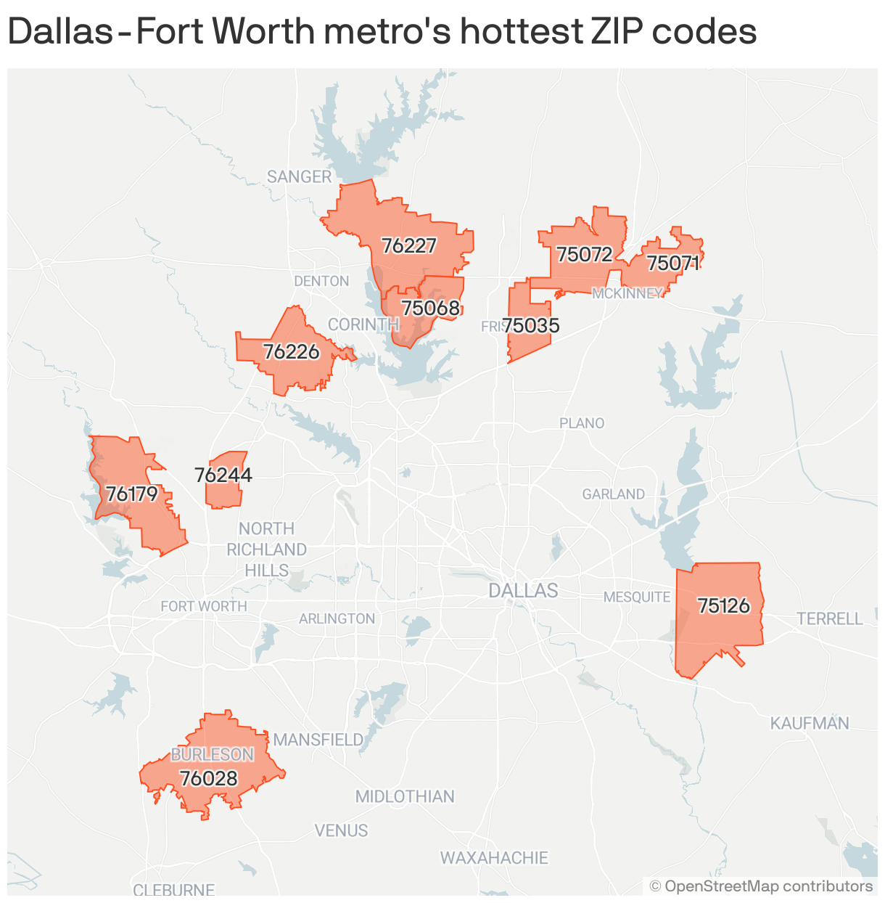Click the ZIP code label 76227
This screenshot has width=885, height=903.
[409, 246]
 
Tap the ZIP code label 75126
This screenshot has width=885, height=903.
[723, 605]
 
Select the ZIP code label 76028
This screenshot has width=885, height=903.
[209, 778]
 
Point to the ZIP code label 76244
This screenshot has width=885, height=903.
[223, 475]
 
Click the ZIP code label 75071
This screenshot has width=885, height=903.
[673, 263]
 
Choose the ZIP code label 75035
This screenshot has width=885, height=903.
[532, 325]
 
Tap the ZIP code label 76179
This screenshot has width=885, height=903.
[132, 494]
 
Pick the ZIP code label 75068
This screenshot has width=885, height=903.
[431, 308]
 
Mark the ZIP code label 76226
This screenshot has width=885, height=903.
[291, 352]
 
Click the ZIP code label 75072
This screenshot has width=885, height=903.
[584, 254]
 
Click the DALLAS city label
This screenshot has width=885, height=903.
[523, 590]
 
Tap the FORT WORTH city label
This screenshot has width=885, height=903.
[204, 606]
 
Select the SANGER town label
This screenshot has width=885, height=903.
[299, 176]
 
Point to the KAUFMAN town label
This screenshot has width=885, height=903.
[810, 723]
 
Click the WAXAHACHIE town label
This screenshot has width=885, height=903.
[494, 858]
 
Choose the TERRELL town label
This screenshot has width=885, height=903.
[830, 618]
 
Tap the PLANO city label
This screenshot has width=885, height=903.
[582, 422]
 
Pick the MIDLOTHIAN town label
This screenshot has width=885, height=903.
[405, 796]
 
